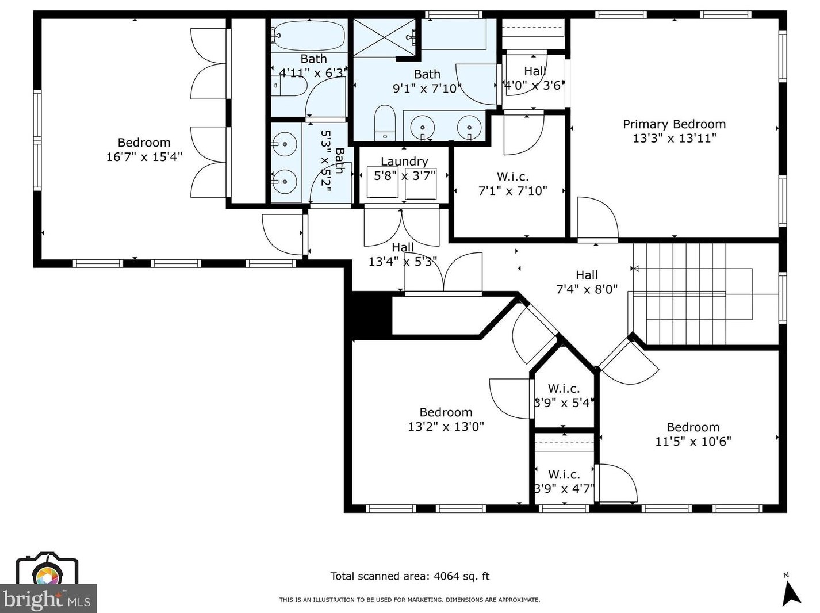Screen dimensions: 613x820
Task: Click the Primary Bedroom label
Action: click(x=674, y=124)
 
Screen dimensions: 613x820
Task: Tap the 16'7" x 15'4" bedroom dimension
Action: click(x=144, y=156)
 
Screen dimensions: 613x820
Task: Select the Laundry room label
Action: click(x=404, y=162)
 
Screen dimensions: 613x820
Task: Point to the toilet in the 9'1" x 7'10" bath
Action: click(x=385, y=123)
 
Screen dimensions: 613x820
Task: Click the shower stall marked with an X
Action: click(x=384, y=37)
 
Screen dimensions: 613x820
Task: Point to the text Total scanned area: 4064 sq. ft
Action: click(x=409, y=576)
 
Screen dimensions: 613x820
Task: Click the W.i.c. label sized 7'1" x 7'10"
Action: click(x=512, y=177)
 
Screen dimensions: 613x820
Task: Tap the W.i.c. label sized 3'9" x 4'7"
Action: click(x=564, y=474)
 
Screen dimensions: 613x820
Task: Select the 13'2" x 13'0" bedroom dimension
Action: click(x=446, y=427)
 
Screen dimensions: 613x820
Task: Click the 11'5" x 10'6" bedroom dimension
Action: click(x=693, y=442)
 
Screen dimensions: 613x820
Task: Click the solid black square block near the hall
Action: click(x=371, y=315)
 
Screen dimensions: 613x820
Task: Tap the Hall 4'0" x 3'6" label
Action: click(x=534, y=71)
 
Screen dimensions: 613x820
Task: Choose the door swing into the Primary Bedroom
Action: click(x=598, y=219)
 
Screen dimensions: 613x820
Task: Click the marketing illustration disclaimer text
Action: click(x=409, y=600)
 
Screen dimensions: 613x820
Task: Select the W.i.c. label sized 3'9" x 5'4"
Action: click(x=563, y=389)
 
